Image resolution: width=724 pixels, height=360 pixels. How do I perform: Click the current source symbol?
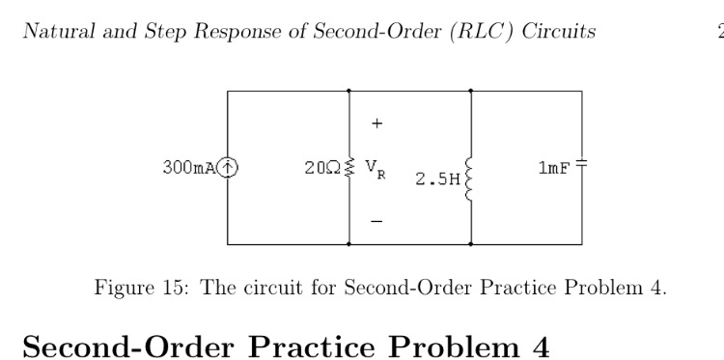228,167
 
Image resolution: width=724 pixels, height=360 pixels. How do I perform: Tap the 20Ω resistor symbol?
349,167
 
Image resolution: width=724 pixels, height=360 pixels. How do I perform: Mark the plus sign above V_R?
377,124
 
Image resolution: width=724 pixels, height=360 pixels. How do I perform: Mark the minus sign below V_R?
377,221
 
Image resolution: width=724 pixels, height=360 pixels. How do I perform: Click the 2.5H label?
436,180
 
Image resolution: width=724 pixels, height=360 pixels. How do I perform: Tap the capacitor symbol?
581,167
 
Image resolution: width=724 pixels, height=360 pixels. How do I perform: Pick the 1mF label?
554,167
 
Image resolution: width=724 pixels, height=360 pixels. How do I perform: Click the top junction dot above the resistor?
349,91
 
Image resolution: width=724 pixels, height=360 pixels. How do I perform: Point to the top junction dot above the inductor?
470,91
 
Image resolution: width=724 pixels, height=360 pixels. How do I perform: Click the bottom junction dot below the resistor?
349,244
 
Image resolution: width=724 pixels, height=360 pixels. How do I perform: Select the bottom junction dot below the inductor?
470,244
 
